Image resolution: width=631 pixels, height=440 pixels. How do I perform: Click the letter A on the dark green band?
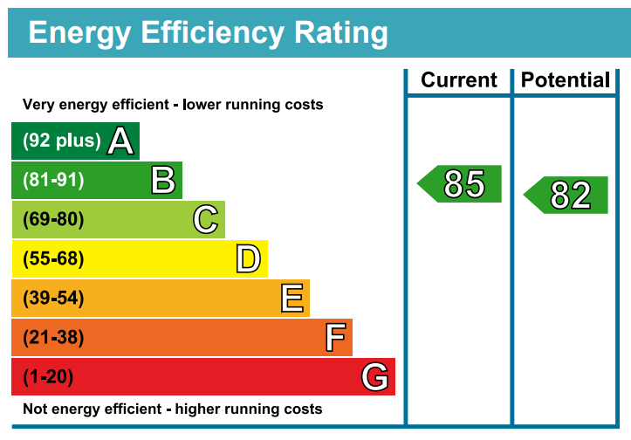click(120, 141)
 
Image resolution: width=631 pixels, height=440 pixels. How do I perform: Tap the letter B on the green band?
click(163, 180)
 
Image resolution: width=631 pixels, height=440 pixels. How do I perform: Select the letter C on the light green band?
click(206, 219)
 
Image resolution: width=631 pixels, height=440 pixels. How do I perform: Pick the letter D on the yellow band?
click(249, 258)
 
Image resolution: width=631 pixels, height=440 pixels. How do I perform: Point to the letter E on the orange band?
click(292, 299)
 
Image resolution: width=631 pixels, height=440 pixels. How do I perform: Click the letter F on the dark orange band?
click(335, 338)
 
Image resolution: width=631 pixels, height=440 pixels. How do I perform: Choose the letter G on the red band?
click(375, 377)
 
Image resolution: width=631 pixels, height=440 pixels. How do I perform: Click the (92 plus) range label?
click(61, 141)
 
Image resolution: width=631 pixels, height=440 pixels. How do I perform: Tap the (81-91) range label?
click(53, 180)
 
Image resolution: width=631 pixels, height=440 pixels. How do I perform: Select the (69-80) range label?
click(53, 219)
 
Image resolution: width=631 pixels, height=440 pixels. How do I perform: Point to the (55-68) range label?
click(53, 258)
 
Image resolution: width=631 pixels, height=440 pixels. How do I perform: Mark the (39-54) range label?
click(53, 299)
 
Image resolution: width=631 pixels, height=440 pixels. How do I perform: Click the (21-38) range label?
click(53, 338)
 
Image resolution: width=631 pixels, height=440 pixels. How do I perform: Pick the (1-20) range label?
click(48, 377)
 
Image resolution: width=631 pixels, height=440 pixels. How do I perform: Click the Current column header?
click(459, 80)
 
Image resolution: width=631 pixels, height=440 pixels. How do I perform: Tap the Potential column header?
click(566, 80)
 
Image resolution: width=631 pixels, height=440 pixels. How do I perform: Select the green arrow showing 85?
click(461, 183)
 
